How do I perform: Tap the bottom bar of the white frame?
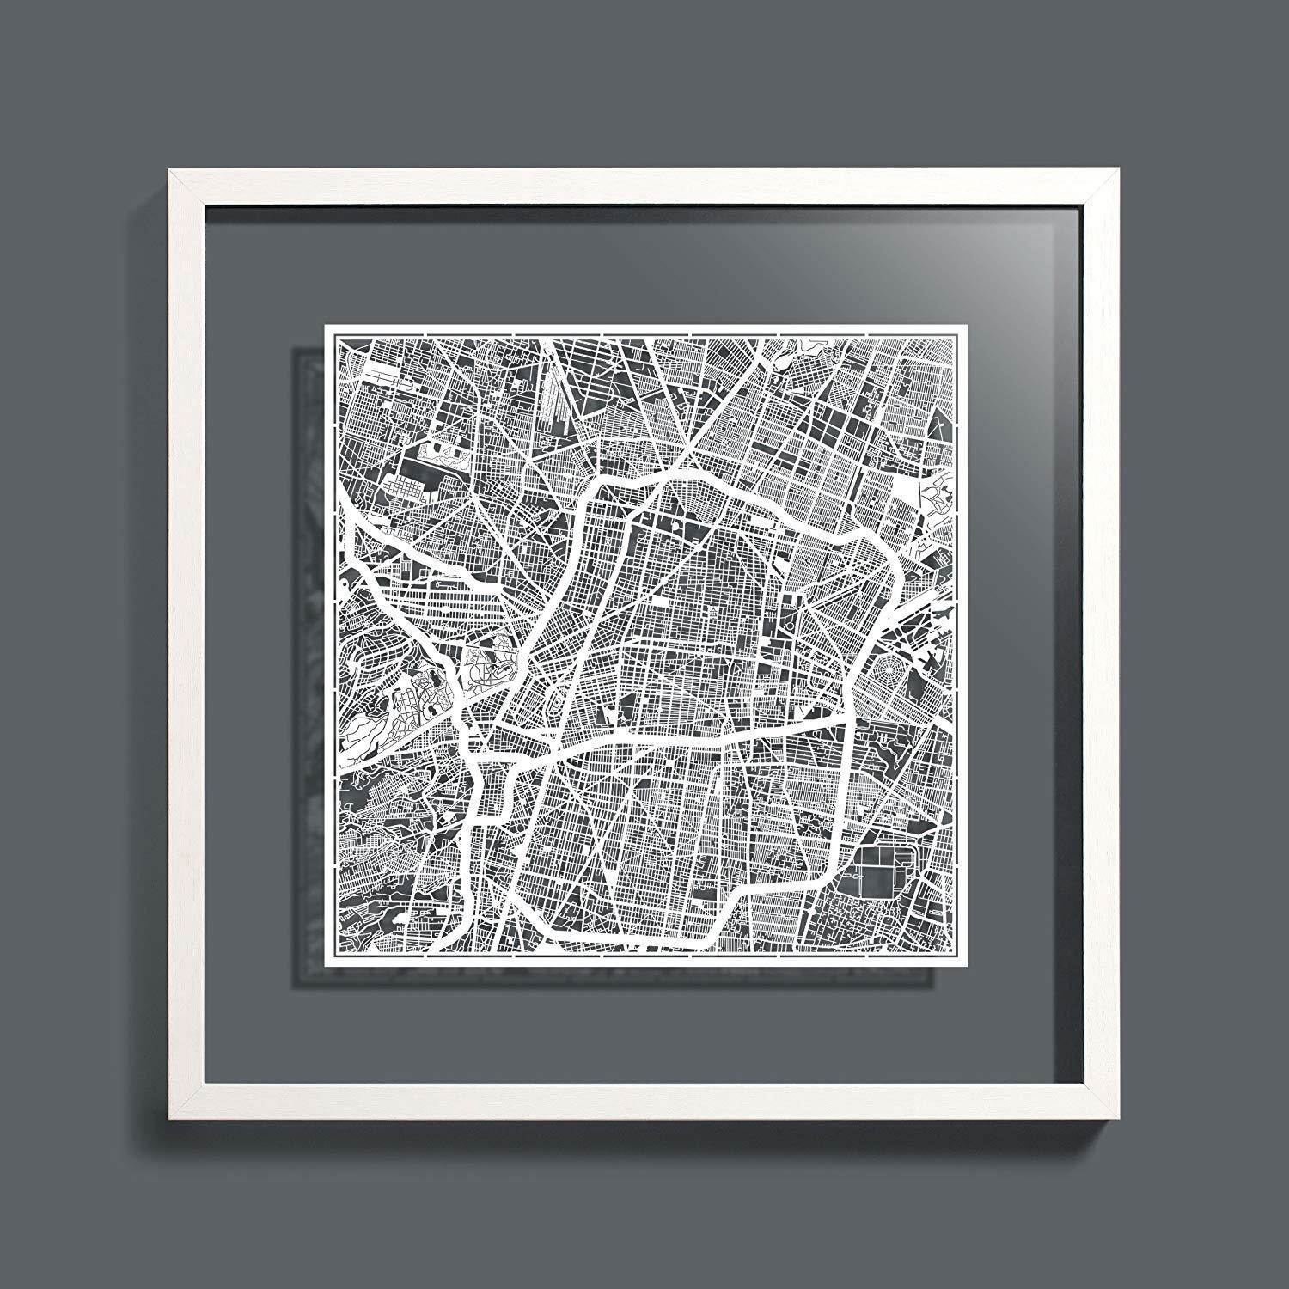[644, 1104]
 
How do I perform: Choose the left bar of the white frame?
[186, 644]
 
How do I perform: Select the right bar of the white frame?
[1103, 644]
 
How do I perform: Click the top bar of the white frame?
[644, 187]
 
